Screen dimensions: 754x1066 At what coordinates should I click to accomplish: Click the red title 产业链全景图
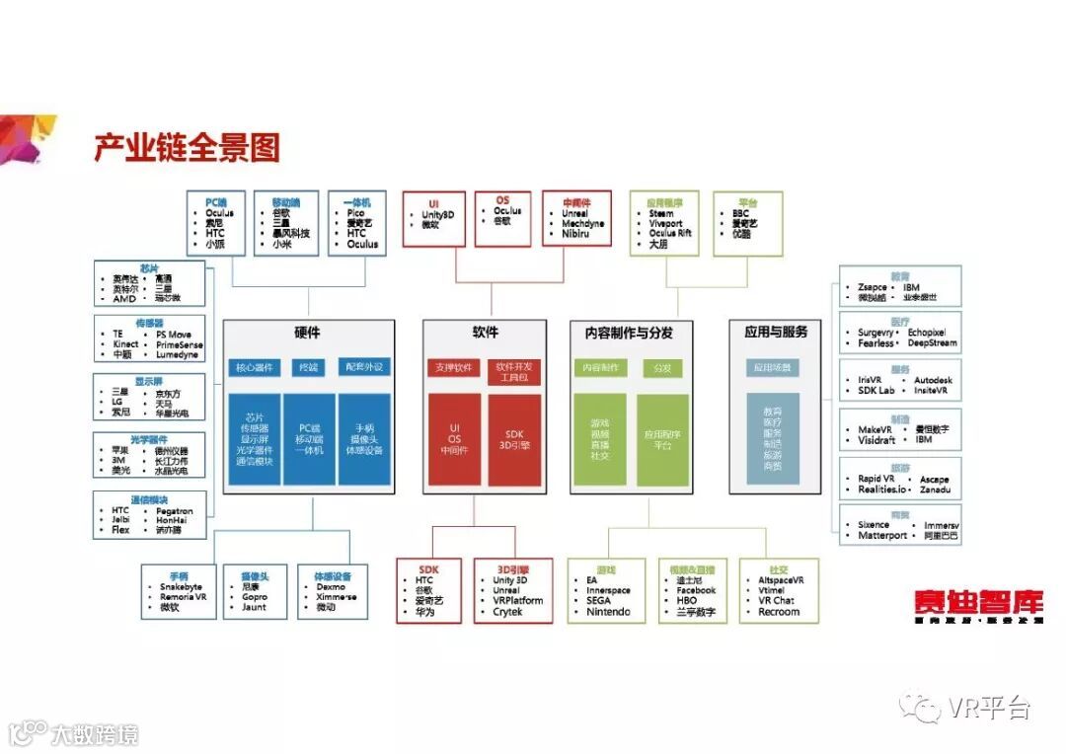[x=188, y=147]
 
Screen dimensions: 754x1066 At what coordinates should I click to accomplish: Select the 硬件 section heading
[x=307, y=333]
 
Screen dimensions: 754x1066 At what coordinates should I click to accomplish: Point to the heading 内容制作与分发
[x=631, y=333]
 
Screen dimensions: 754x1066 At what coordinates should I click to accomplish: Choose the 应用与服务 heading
[x=776, y=333]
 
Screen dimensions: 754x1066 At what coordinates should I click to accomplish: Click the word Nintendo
[x=608, y=612]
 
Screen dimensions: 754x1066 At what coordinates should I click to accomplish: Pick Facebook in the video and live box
[x=696, y=590]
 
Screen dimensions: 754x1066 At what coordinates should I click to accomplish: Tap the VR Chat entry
[x=776, y=601]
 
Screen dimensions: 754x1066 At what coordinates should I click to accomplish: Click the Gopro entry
[x=255, y=597]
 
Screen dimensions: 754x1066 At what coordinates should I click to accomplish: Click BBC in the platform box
[x=741, y=213]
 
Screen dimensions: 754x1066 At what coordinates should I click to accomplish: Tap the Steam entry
[x=661, y=213]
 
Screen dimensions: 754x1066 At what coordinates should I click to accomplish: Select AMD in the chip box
[x=124, y=298]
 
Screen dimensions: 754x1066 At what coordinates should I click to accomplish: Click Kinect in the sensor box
[x=125, y=344]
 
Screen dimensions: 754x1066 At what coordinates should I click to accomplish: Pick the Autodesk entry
[x=933, y=380]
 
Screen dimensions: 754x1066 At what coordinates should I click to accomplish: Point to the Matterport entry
[x=880, y=536]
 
